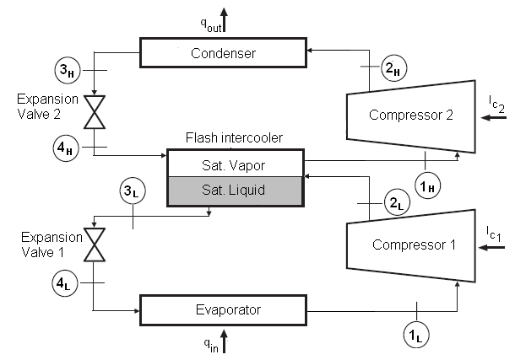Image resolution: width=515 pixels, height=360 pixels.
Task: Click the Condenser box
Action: click(x=222, y=54)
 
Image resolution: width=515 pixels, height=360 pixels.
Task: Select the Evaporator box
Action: click(x=222, y=309)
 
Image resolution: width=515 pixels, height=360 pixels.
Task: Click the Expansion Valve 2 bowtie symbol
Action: click(x=95, y=110)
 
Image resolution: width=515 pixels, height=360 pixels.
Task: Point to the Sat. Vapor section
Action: click(x=235, y=163)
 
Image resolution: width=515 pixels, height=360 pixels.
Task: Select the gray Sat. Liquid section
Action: click(x=235, y=189)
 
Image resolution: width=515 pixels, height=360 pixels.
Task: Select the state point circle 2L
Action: click(x=396, y=202)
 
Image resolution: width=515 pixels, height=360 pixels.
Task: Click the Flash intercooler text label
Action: click(x=234, y=137)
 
